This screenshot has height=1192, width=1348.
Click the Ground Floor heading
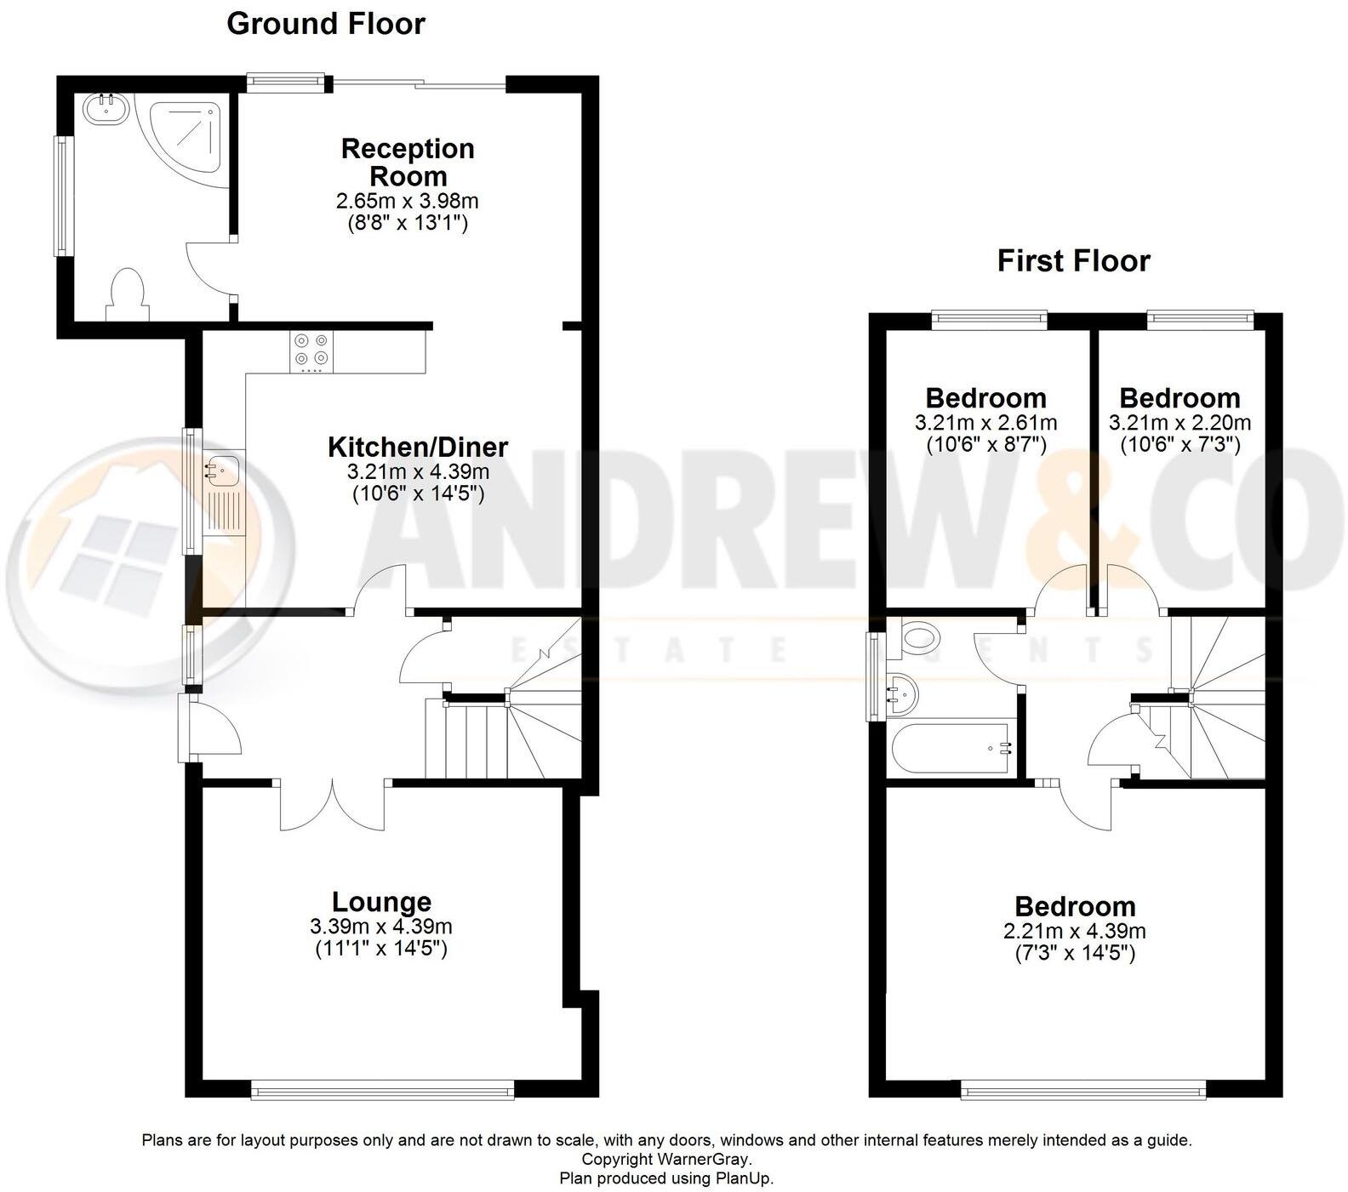pos(326,24)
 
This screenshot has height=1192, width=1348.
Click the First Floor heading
pos(1073,260)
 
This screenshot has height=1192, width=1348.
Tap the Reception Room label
pos(408,162)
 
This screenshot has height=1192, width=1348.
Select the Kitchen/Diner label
pos(418,447)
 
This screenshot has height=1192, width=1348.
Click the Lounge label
pos(381,902)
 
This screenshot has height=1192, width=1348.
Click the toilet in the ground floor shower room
pos(127,294)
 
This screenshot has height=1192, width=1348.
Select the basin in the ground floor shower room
pos(106,109)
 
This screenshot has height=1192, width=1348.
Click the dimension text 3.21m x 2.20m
pos(1179,423)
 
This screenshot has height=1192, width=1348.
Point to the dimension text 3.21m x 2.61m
pos(985,423)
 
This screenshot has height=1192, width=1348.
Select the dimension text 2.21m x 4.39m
pos(1074,932)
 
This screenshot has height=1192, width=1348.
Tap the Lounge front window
pos(382,1089)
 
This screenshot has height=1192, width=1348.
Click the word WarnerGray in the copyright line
pos(703,1159)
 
